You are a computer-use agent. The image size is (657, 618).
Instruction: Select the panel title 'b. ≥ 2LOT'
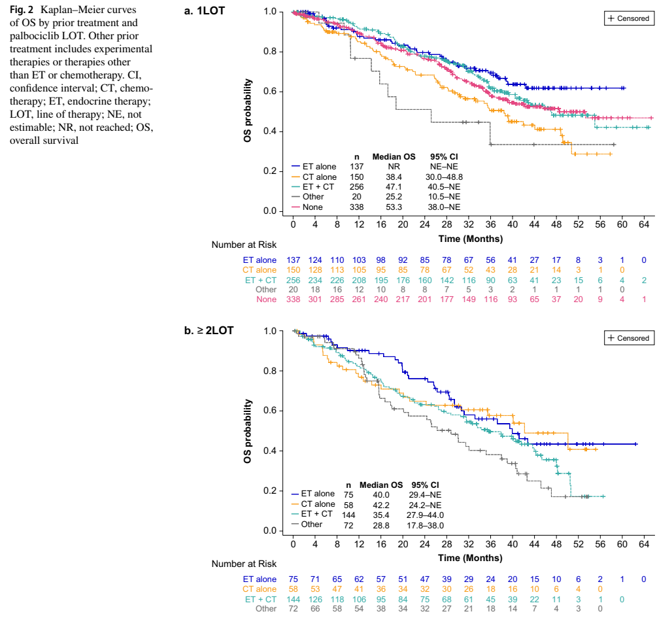point(209,330)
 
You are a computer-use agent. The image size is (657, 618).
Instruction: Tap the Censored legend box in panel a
point(628,19)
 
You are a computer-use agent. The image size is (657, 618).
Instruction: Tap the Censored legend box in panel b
point(628,338)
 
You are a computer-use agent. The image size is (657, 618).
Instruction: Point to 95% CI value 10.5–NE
point(445,197)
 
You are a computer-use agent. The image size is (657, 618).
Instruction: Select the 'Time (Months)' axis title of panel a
point(470,238)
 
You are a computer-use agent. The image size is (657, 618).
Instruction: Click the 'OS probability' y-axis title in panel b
point(248,431)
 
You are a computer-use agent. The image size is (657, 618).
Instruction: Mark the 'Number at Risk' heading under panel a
point(244,245)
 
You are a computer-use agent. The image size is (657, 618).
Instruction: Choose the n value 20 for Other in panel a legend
point(357,197)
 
